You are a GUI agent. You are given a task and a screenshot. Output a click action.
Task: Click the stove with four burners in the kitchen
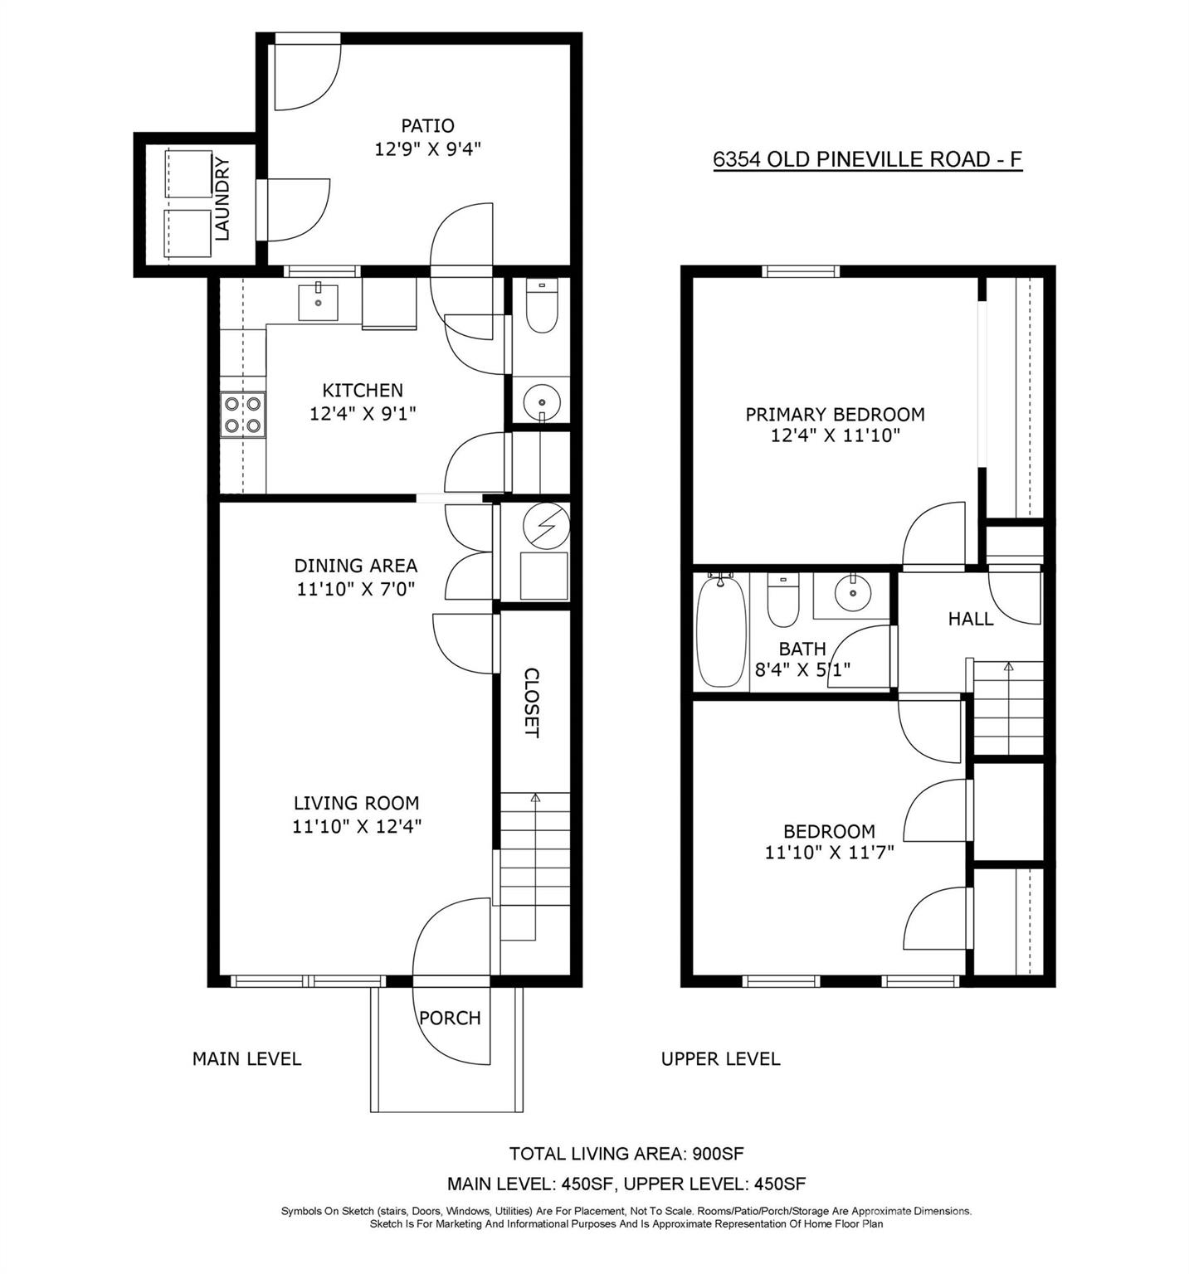(x=243, y=415)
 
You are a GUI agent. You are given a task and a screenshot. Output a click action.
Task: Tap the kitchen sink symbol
(x=318, y=302)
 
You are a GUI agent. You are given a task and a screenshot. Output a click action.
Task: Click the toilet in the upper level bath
(x=782, y=601)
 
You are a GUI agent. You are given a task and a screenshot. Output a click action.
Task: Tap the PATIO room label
(x=427, y=126)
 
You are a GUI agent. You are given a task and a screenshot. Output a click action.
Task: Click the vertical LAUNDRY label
(x=222, y=199)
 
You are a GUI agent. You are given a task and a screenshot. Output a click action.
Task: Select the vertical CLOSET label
(x=532, y=703)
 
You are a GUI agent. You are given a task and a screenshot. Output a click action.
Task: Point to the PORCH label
(x=450, y=1018)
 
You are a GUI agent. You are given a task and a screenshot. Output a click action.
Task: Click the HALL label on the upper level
(x=971, y=619)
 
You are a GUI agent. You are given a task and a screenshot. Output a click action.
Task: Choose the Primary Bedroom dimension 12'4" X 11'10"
(x=835, y=435)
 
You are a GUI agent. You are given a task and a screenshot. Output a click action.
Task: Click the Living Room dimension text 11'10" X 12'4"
(x=357, y=826)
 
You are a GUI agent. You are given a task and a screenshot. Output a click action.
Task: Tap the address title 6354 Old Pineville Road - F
(x=867, y=159)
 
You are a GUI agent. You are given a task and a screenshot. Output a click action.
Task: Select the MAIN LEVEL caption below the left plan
(x=246, y=1059)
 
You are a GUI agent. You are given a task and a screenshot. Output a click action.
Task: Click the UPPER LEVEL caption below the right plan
(x=720, y=1059)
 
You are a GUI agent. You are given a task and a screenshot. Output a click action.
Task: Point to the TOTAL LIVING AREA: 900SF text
(x=621, y=1154)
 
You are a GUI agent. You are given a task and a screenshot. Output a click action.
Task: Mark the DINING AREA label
(x=355, y=566)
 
